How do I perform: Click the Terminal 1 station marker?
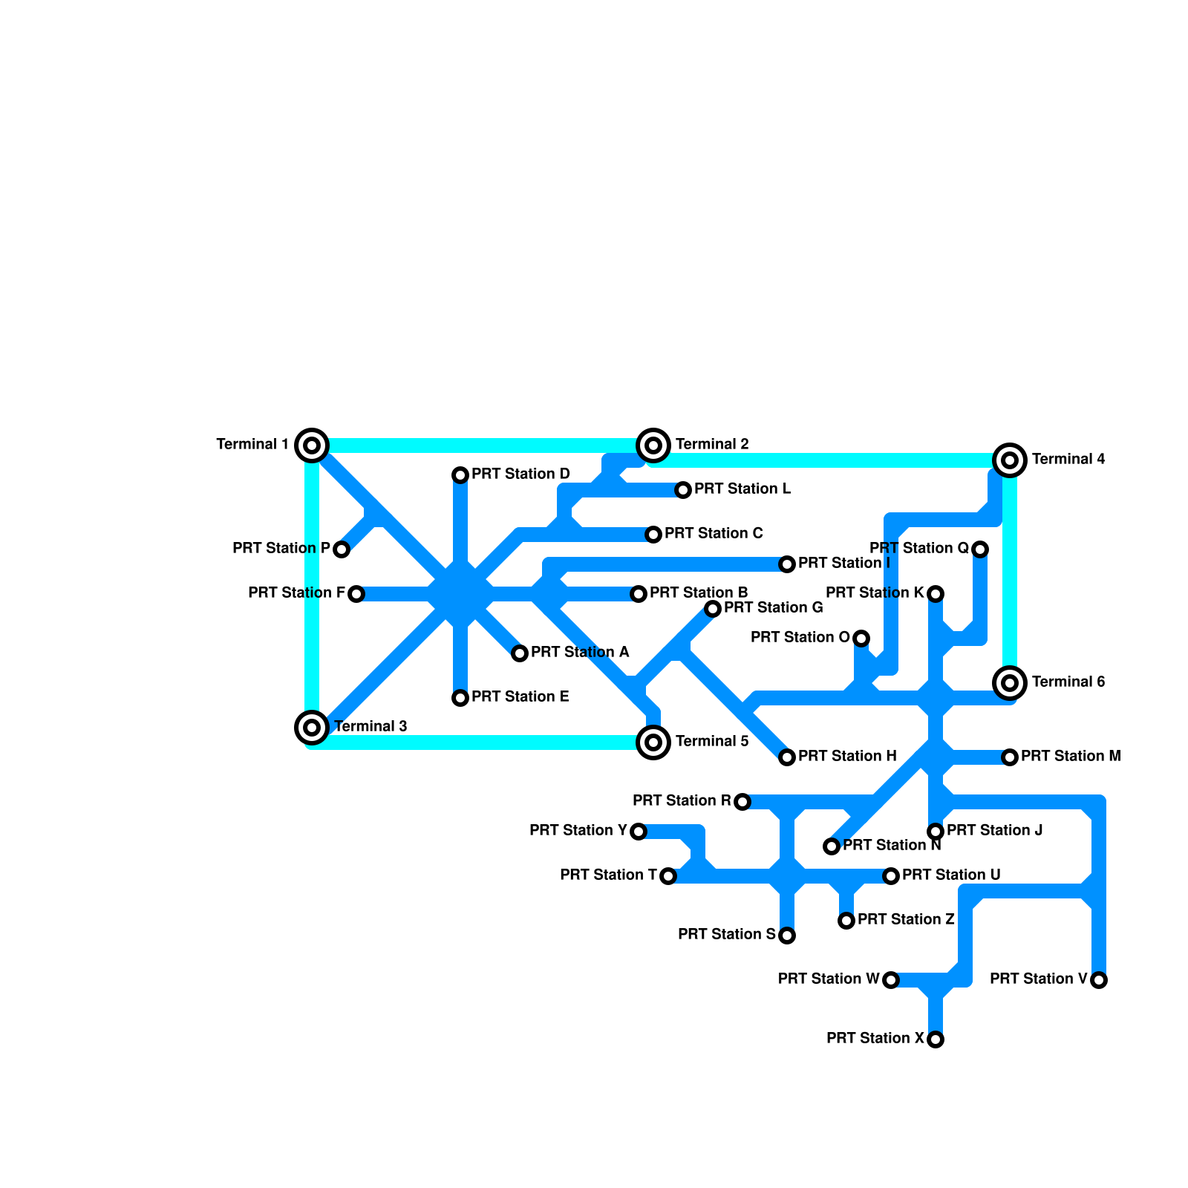click(x=312, y=446)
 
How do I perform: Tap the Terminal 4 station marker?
click(x=1010, y=460)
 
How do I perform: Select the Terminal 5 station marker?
click(x=653, y=742)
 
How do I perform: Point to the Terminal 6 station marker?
click(x=1010, y=683)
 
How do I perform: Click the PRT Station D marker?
click(x=460, y=475)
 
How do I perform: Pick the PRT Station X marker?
click(x=936, y=1039)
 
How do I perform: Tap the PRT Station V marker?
click(x=1099, y=980)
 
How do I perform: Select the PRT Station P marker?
click(x=342, y=549)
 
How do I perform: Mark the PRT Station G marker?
click(x=713, y=609)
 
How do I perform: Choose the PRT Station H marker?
click(x=787, y=757)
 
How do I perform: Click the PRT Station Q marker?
click(x=980, y=549)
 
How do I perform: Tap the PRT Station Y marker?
click(x=639, y=832)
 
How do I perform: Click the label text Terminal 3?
click(x=371, y=726)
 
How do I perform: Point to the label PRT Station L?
click(x=742, y=489)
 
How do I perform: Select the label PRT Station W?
click(x=829, y=979)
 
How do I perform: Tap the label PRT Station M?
click(x=1071, y=756)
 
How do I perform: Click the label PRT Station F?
click(x=296, y=593)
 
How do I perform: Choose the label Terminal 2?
click(x=712, y=444)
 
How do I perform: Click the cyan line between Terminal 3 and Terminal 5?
click(x=483, y=742)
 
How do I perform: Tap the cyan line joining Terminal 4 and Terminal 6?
click(x=1010, y=572)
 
